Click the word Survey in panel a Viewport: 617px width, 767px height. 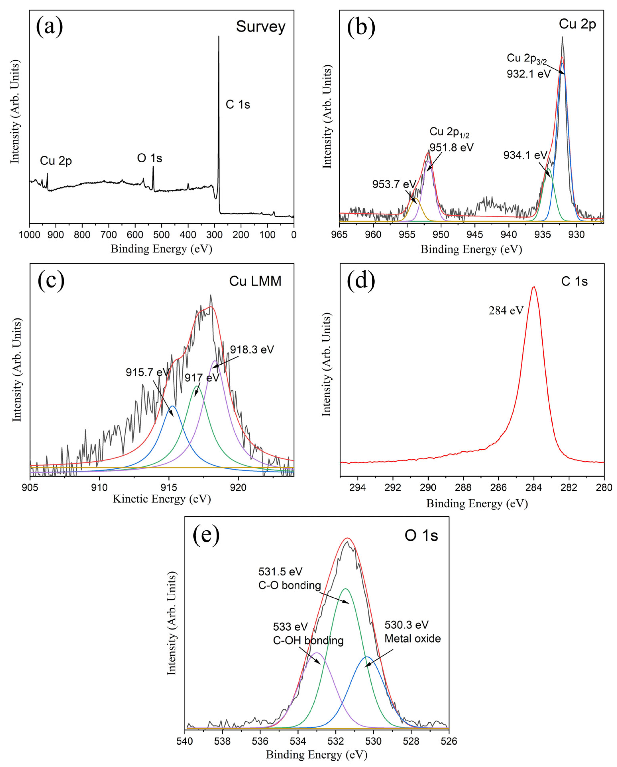[x=261, y=27]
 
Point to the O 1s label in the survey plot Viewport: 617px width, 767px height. [x=150, y=158]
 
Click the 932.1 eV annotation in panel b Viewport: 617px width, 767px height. [x=528, y=74]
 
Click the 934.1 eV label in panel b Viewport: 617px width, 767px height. [x=525, y=155]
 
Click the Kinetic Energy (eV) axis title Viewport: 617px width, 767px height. [x=162, y=499]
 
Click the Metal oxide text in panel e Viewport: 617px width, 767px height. [x=412, y=639]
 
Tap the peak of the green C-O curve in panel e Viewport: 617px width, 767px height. [x=345, y=589]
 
